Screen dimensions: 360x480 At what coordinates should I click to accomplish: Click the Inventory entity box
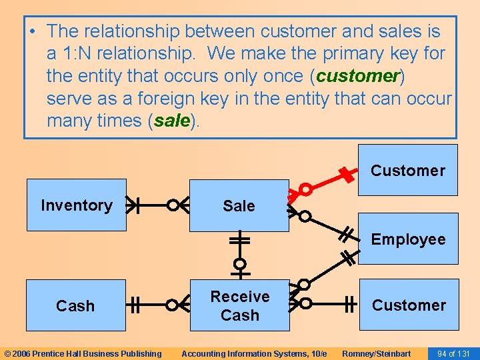76,205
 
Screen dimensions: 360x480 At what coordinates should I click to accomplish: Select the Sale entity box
239,206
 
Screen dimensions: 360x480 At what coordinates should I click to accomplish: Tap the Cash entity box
75,306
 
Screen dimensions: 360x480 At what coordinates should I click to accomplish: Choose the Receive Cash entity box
239,305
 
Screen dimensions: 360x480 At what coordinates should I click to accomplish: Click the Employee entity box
408,239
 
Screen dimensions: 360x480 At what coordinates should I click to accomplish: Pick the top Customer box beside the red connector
407,170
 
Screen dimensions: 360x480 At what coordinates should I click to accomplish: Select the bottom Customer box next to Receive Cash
409,305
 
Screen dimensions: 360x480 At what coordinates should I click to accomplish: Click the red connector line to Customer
327,182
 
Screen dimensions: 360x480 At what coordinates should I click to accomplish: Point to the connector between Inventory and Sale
153,205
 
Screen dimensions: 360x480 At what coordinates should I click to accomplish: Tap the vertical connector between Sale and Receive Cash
239,255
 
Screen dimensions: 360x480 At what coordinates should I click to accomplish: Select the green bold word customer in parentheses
357,76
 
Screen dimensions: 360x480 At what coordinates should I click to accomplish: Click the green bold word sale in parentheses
173,121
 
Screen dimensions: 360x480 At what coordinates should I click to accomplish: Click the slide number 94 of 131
453,353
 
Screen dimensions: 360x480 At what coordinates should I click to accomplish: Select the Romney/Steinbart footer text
376,353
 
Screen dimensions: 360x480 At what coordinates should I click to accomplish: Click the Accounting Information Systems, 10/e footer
254,353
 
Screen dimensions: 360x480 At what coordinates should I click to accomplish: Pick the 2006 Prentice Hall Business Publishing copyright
83,353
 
